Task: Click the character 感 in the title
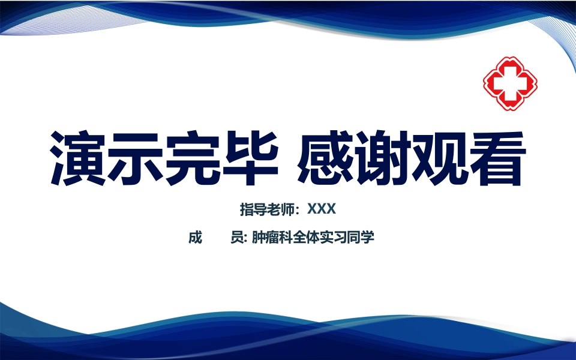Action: coord(326,157)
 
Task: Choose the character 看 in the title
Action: coord(497,157)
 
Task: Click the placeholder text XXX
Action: coord(321,209)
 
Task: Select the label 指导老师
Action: coord(268,209)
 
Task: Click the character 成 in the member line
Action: coord(195,238)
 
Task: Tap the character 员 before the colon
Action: coord(236,238)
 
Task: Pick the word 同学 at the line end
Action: coord(361,238)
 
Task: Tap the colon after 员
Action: coord(245,239)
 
